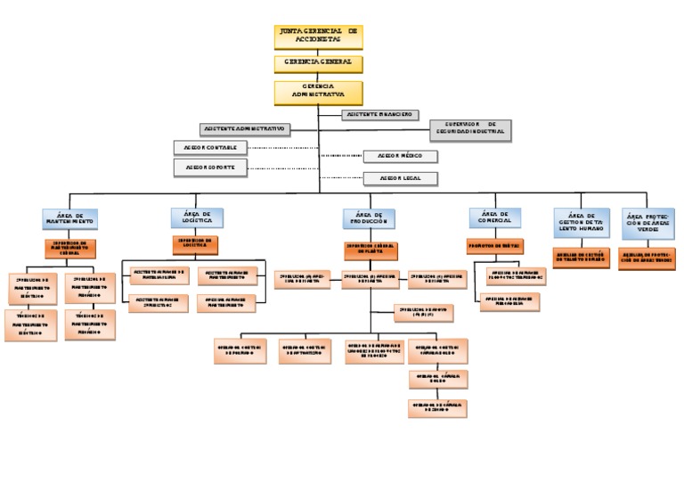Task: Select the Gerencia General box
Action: coord(319,63)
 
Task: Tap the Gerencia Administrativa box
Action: coord(319,92)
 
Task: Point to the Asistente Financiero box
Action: coord(379,115)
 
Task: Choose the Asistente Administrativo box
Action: coord(246,129)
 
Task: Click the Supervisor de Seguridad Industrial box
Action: coord(470,129)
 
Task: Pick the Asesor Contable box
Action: coord(208,147)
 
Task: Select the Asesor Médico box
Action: coord(400,156)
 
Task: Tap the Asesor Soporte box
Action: coord(208,167)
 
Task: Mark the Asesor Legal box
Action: coord(400,178)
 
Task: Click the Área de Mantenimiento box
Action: coord(69,219)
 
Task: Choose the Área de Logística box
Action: coord(197,218)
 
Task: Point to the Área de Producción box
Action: coord(369,218)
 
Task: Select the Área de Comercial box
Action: coord(495,218)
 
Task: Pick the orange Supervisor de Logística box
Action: coord(196,243)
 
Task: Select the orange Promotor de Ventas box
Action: coord(494,245)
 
